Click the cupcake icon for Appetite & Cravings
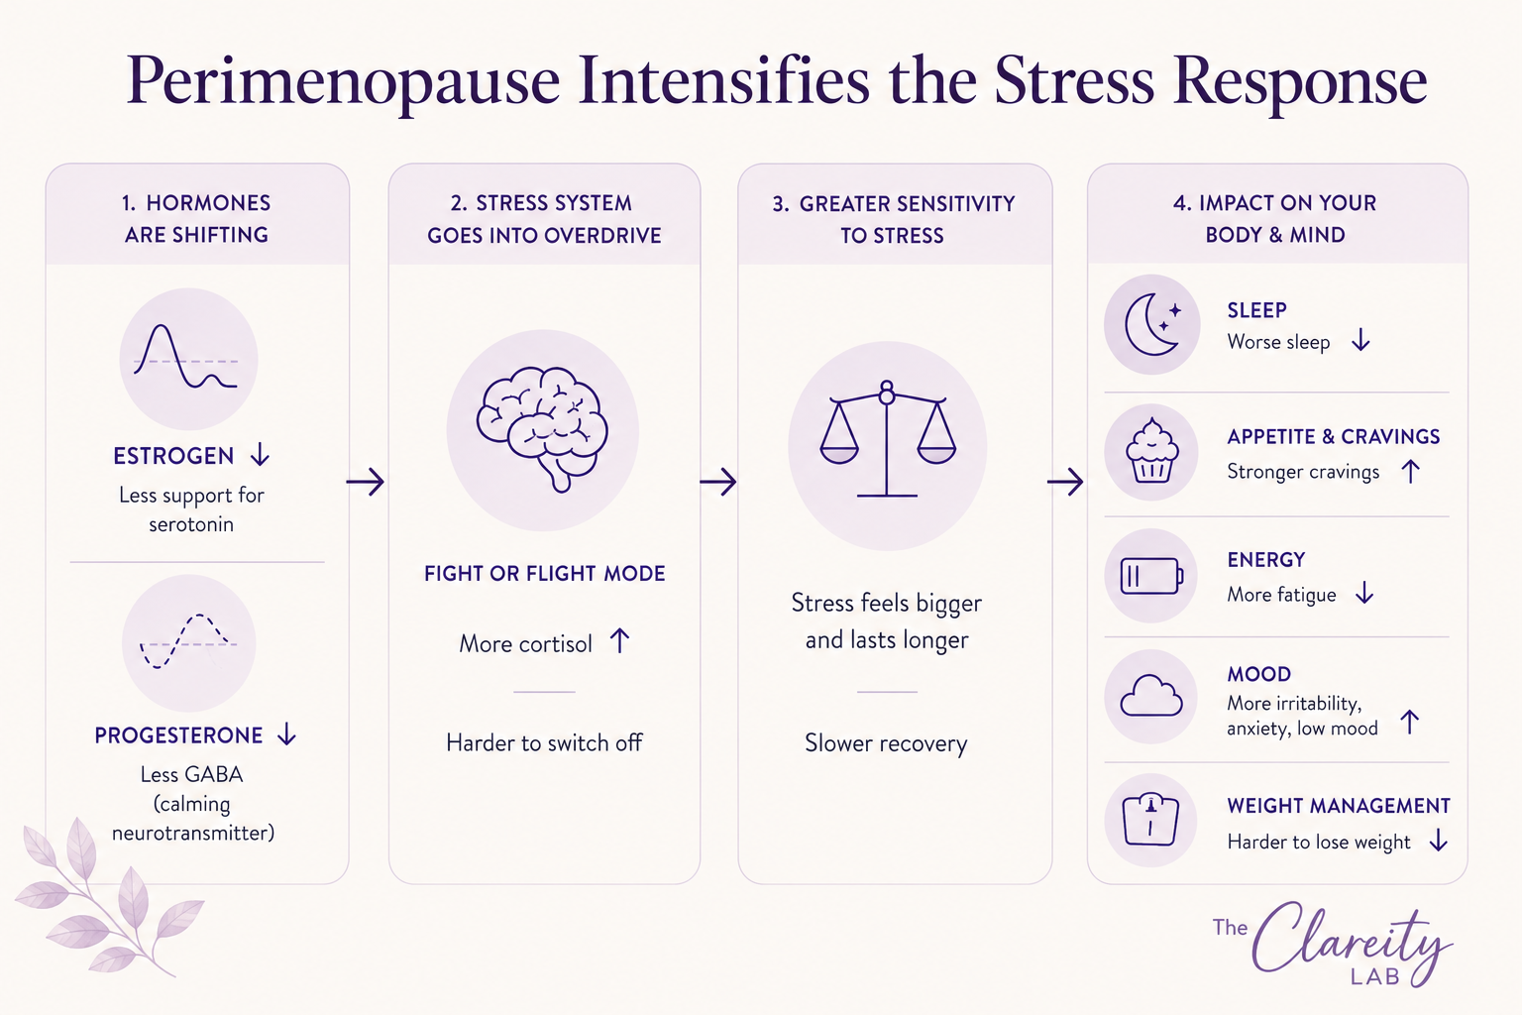(1151, 451)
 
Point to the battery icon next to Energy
(1151, 576)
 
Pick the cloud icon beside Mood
(1151, 696)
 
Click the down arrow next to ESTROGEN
(261, 454)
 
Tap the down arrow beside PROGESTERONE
(287, 734)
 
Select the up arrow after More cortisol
(619, 640)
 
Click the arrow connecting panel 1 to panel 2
(365, 482)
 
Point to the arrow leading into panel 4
(1065, 482)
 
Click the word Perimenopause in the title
(343, 82)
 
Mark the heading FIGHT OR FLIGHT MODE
(544, 573)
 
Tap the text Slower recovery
(886, 743)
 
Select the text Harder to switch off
(544, 742)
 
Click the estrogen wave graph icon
(185, 357)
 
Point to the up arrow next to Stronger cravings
(1411, 471)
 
